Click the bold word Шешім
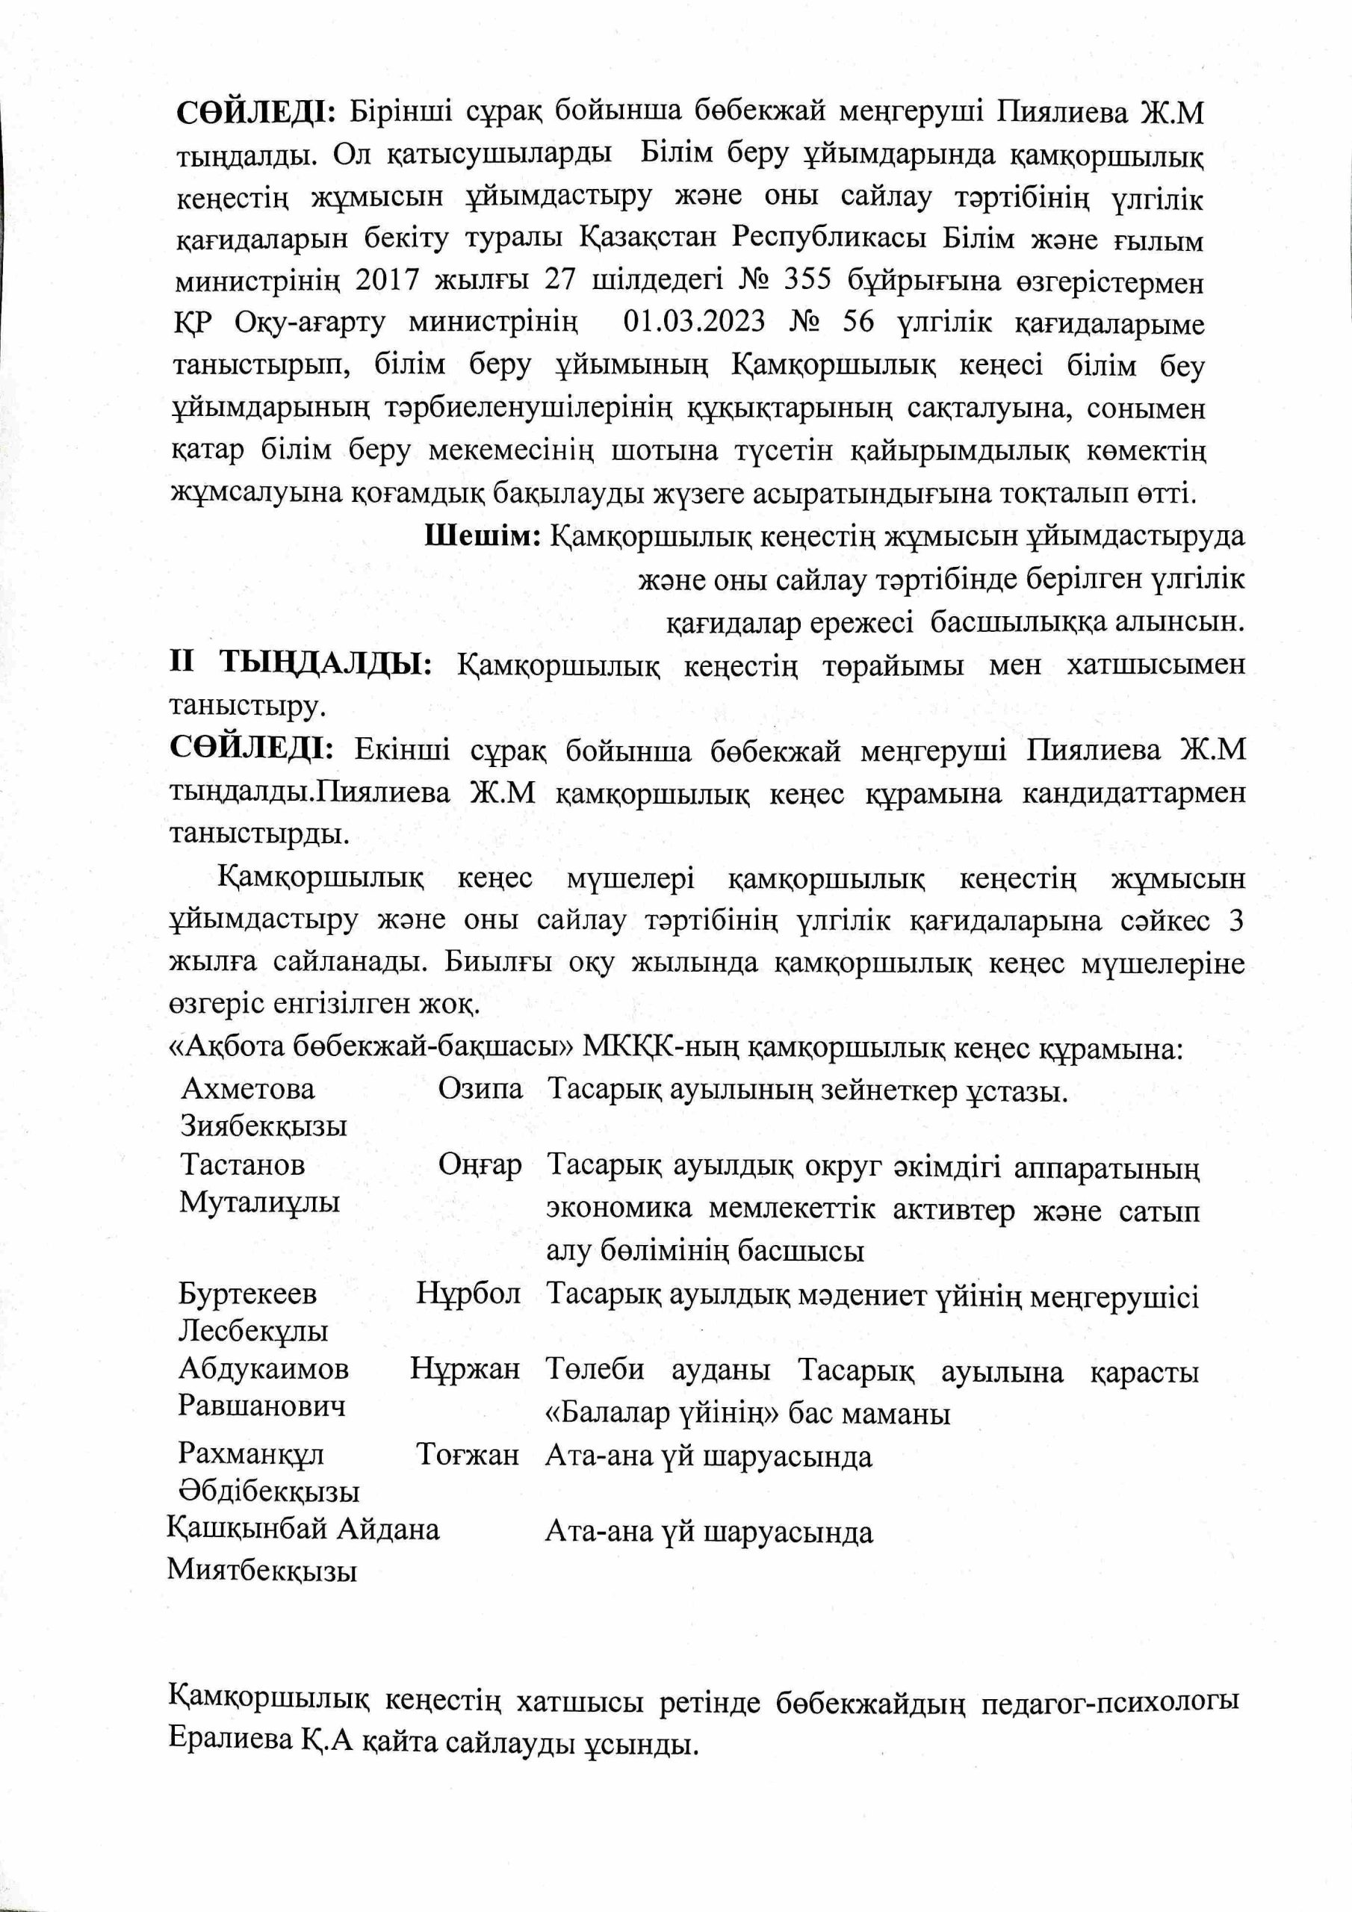(x=483, y=536)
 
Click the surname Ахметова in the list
(x=247, y=1089)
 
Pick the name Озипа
(x=480, y=1089)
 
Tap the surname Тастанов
(x=243, y=1164)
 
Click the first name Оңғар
(x=480, y=1165)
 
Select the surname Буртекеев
(x=247, y=1294)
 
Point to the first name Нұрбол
(x=468, y=1294)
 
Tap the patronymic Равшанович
(x=261, y=1406)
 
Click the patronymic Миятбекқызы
(x=261, y=1571)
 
